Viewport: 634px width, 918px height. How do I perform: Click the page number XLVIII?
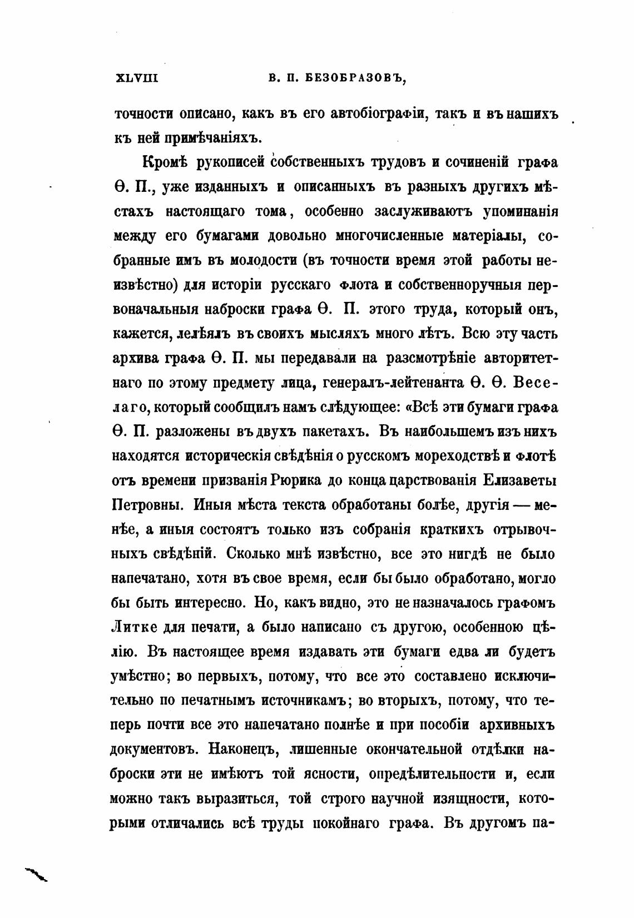[x=136, y=78]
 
